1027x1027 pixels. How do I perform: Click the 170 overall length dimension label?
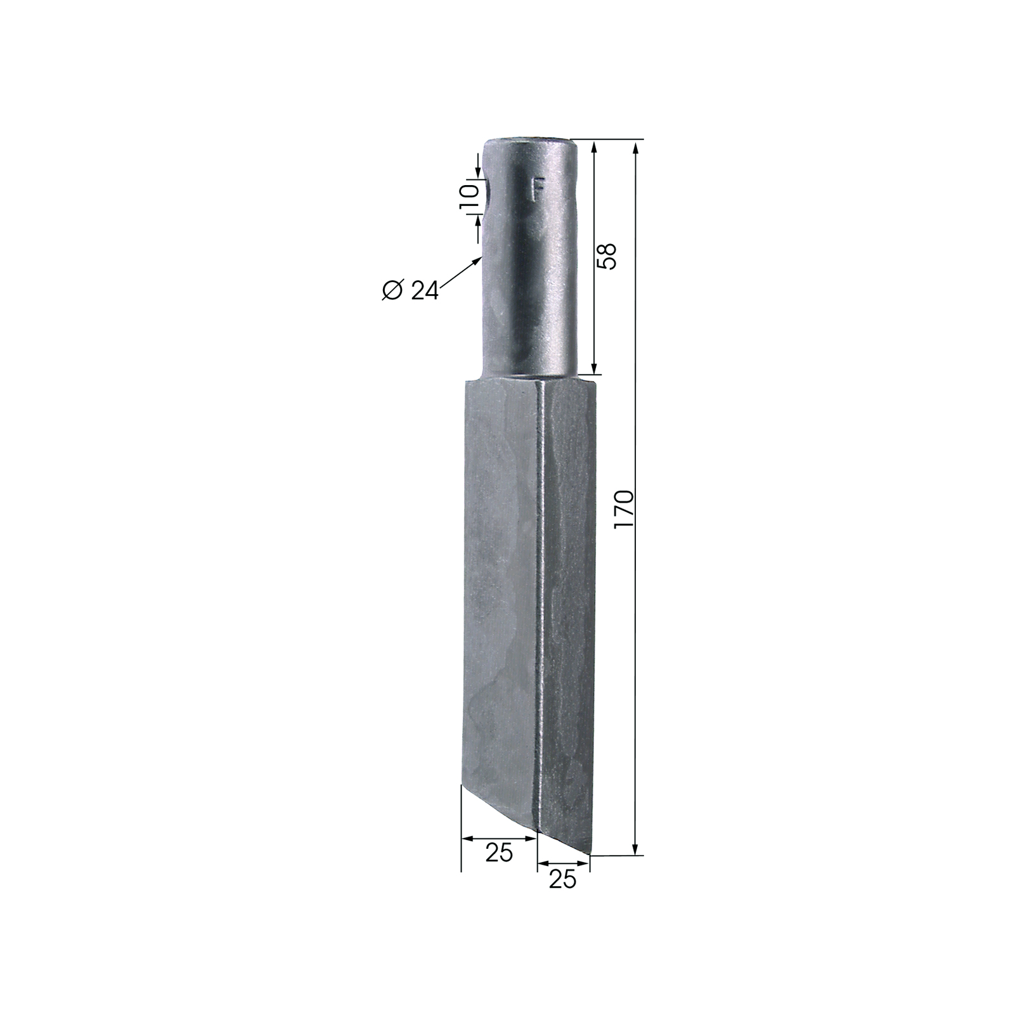[624, 510]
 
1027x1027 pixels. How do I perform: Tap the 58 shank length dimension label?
[607, 256]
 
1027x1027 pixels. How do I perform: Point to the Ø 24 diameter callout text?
[410, 290]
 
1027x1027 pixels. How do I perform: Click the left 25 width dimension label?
[499, 853]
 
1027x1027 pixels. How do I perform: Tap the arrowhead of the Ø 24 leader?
[477, 261]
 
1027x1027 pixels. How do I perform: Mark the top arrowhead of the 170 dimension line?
[636, 147]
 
